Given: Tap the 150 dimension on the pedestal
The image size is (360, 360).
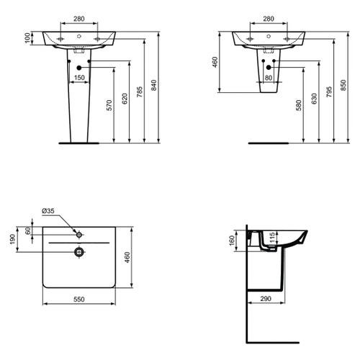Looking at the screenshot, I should click(x=78, y=77).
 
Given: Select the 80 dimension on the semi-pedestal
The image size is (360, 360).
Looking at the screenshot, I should click(x=268, y=77).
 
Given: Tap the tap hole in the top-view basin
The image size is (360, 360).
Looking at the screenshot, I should click(x=79, y=235).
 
